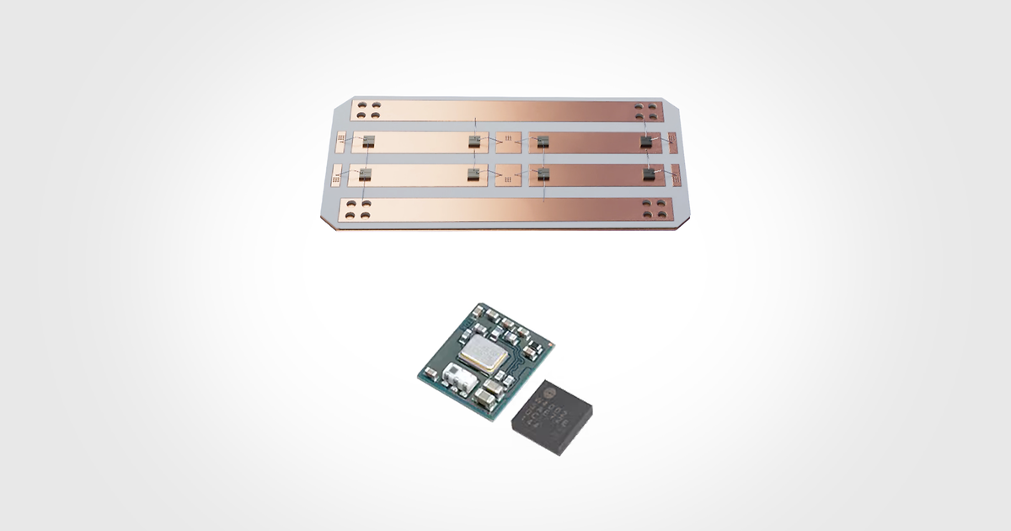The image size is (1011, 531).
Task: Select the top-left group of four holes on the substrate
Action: pyautogui.click(x=368, y=110)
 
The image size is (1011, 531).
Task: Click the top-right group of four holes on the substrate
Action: pyautogui.click(x=646, y=110)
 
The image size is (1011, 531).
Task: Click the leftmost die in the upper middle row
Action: pyautogui.click(x=368, y=142)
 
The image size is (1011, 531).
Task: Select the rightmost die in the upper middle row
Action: pyautogui.click(x=647, y=142)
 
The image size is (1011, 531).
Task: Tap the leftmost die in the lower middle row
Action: pyautogui.click(x=365, y=174)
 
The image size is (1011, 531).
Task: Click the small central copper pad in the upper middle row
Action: pyautogui.click(x=510, y=142)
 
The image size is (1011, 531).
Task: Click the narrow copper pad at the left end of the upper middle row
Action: pyautogui.click(x=340, y=142)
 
